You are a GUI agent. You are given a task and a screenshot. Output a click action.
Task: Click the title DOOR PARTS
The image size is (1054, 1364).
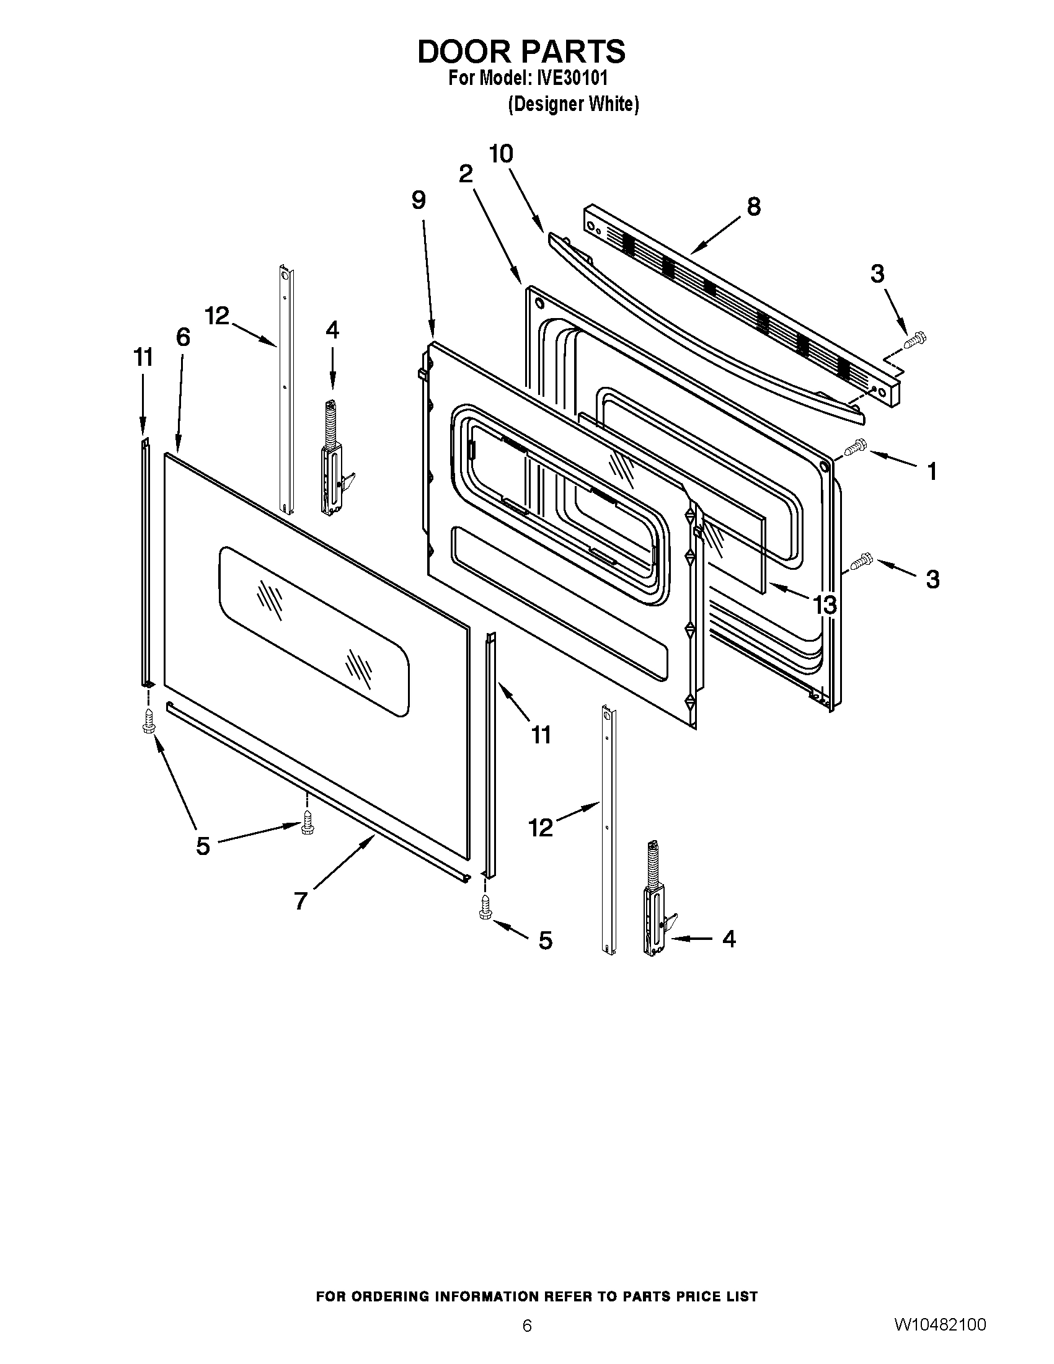521,52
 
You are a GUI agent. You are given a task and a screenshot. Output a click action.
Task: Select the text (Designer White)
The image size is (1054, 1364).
573,104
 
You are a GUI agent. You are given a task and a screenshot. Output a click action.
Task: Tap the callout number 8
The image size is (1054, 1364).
754,206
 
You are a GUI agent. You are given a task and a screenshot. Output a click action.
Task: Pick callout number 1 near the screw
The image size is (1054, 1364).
931,472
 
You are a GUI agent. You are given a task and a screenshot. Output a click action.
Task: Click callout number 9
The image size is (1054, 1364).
418,200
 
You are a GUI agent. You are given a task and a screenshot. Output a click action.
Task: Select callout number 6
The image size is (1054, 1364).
182,337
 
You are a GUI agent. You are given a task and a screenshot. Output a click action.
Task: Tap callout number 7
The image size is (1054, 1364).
300,901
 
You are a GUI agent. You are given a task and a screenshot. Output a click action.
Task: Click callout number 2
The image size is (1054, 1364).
465,174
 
